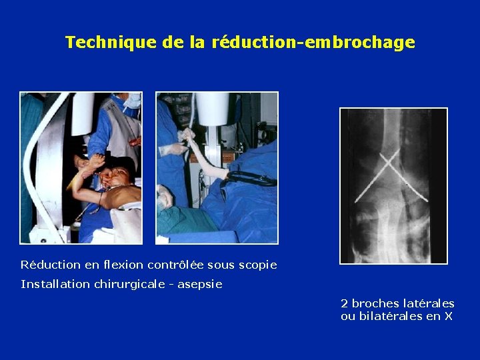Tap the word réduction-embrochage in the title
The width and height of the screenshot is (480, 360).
pos(313,43)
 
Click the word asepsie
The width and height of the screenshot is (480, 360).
pos(201,284)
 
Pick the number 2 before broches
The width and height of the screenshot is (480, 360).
pos(344,303)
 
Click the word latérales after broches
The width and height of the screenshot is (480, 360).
pos(429,303)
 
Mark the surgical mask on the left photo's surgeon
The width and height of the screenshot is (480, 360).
pos(133,102)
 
